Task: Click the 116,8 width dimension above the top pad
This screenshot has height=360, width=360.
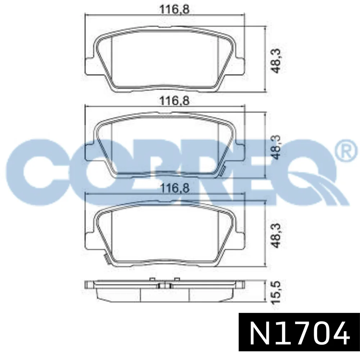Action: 175,9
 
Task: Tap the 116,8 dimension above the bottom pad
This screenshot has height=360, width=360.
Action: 175,188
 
